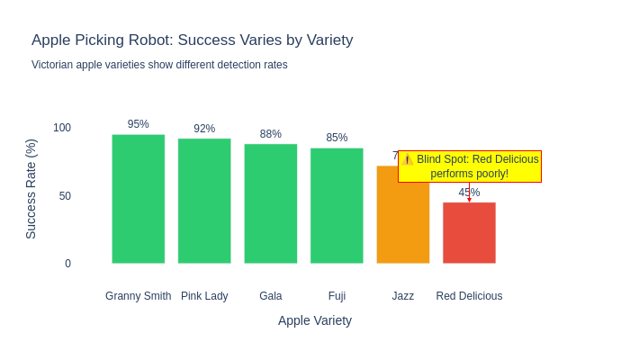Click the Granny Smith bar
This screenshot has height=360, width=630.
tap(139, 199)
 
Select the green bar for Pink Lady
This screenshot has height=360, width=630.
tap(204, 201)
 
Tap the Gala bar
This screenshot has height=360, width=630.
tap(271, 203)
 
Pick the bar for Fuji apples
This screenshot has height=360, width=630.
tap(337, 205)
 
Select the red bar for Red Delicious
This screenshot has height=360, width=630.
tap(469, 233)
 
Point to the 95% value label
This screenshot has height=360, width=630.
tap(139, 124)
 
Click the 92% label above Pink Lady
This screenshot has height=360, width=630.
tap(204, 129)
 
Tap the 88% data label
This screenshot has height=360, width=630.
tap(271, 134)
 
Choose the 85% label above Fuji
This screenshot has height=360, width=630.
tap(337, 138)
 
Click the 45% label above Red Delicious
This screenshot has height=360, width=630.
tap(469, 193)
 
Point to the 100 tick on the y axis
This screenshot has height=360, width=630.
tap(62, 128)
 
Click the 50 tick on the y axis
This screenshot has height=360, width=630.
tap(65, 196)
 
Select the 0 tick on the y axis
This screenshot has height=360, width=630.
tap(67, 264)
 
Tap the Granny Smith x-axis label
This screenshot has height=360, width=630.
tap(139, 296)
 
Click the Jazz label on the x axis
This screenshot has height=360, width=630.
tap(403, 296)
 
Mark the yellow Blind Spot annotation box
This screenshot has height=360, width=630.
tap(470, 166)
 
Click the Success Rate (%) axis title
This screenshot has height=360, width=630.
tap(31, 189)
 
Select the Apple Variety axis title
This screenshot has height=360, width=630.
tap(315, 320)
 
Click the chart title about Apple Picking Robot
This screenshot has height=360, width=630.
tap(193, 40)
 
